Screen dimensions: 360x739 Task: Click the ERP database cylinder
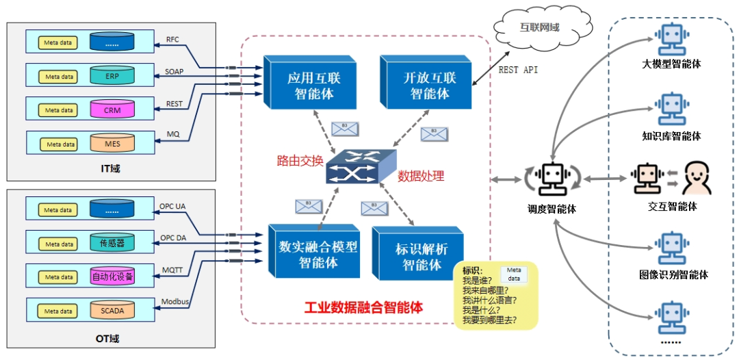click(x=112, y=76)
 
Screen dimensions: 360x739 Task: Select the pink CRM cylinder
click(x=112, y=110)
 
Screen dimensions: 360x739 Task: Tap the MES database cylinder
click(x=112, y=143)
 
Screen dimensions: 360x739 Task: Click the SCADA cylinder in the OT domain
click(x=112, y=310)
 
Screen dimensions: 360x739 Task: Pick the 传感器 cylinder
click(x=112, y=243)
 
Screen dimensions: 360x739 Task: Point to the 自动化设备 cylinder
click(x=112, y=277)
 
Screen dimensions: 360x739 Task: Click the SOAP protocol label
click(x=174, y=71)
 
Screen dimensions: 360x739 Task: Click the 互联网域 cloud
click(x=540, y=28)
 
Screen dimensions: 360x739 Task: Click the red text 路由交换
click(x=300, y=161)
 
